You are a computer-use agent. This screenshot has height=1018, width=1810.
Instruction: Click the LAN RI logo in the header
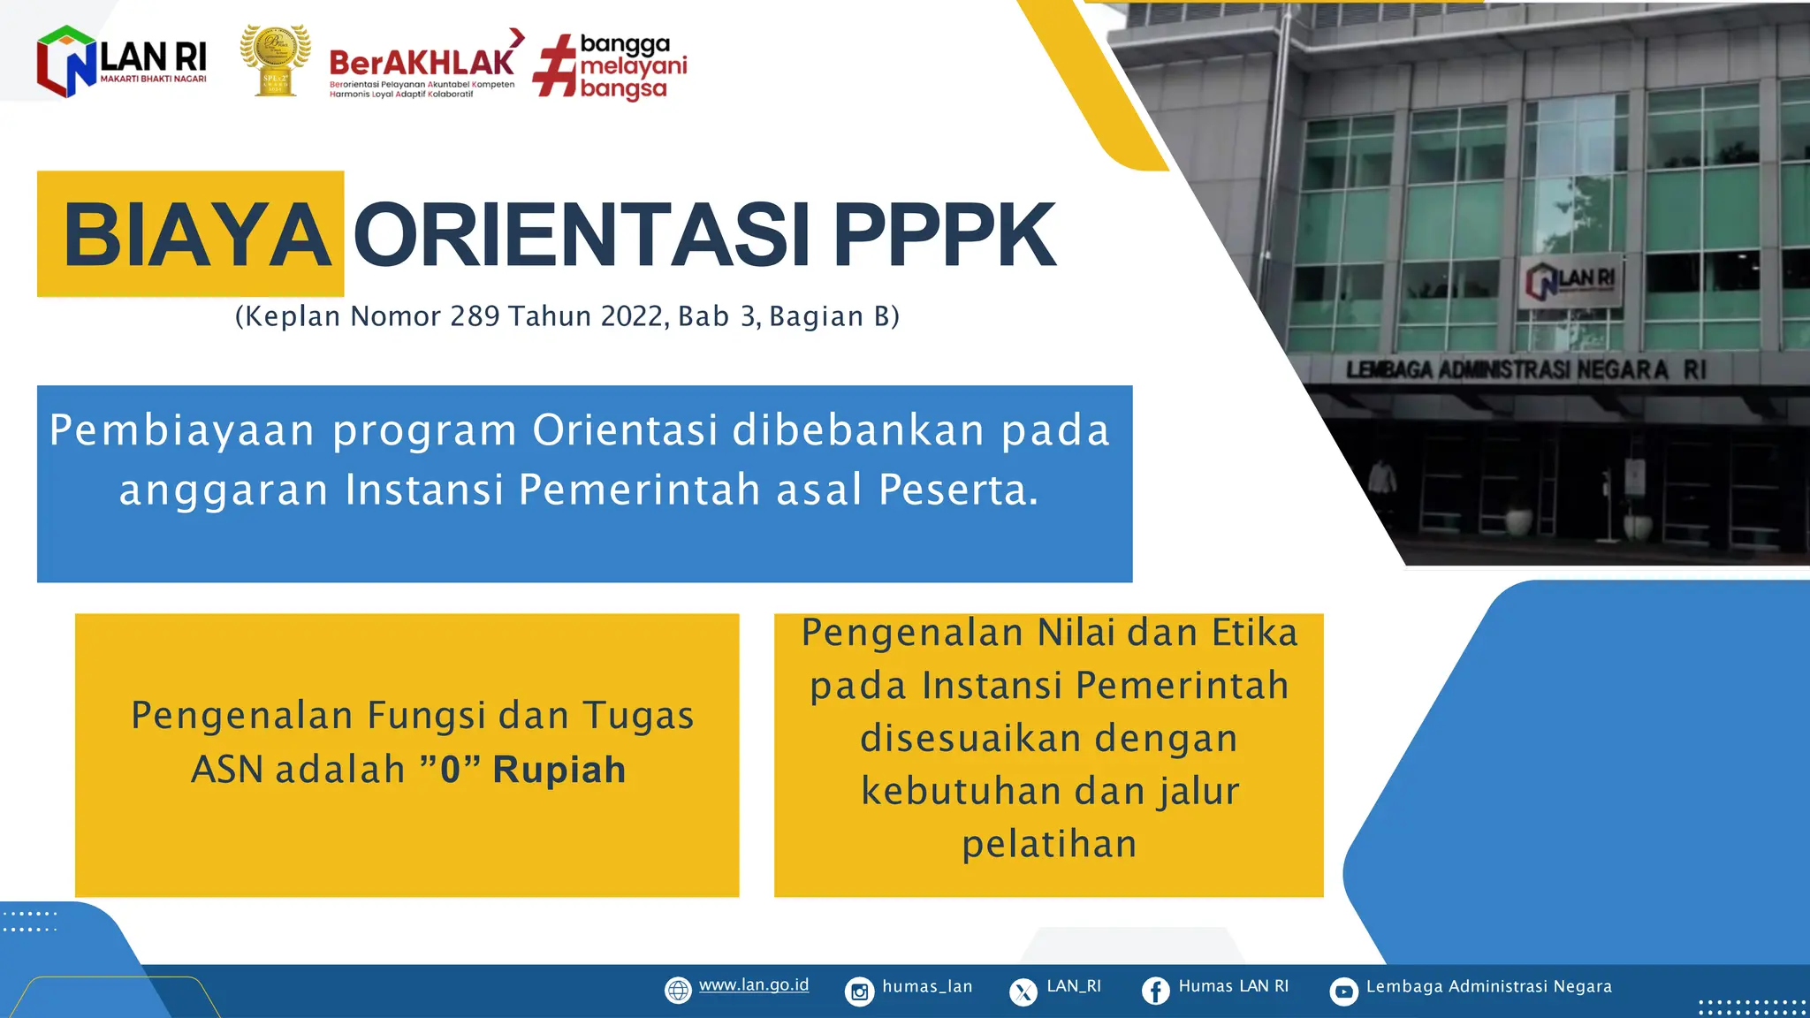[121, 61]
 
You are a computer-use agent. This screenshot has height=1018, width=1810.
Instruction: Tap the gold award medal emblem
[275, 60]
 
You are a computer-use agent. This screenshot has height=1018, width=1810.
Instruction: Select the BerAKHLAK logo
[422, 64]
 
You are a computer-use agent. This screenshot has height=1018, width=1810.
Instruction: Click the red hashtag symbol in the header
[554, 65]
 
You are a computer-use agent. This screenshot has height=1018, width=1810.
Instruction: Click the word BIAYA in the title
[196, 235]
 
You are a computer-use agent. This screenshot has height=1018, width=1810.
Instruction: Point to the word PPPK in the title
[944, 235]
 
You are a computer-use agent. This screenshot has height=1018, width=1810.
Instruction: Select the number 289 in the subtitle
[475, 316]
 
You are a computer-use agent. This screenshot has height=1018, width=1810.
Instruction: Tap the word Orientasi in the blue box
[625, 431]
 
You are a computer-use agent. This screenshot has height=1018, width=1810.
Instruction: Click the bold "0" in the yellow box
[451, 770]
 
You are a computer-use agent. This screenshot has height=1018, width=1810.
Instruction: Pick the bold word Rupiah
[559, 770]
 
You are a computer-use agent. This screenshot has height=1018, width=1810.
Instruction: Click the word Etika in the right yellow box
[1254, 633]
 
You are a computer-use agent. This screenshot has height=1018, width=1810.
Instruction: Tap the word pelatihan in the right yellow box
[1049, 844]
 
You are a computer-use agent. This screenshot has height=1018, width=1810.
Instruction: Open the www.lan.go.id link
[753, 985]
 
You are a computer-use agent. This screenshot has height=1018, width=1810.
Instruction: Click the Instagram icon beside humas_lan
[859, 991]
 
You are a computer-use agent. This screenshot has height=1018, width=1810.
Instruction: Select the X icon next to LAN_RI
[1023, 991]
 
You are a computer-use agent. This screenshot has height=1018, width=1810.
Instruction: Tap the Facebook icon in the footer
[1155, 991]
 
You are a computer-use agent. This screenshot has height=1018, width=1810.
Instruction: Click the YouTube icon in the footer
[1343, 991]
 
